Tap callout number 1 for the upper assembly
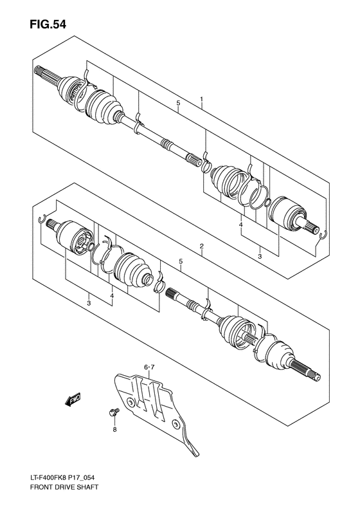click(x=201, y=100)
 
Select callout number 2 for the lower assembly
click(x=201, y=246)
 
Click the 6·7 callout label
click(x=149, y=367)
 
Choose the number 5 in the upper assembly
click(x=179, y=103)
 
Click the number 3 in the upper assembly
click(x=260, y=255)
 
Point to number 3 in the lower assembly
click(x=88, y=303)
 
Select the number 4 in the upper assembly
click(x=240, y=225)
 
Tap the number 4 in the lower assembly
click(x=112, y=296)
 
